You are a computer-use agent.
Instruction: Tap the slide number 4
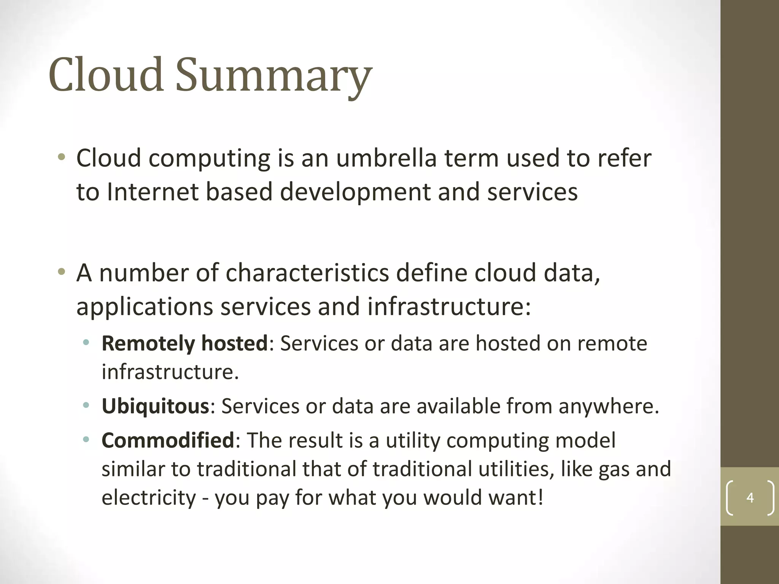tap(750, 497)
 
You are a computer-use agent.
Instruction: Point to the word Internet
tap(153, 192)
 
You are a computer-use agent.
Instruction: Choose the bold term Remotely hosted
tap(185, 343)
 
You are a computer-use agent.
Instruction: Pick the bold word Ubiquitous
tap(156, 406)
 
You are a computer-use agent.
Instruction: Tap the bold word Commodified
tap(168, 440)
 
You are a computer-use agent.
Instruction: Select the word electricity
tap(148, 497)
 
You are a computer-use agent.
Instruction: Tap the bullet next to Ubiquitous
tap(86, 406)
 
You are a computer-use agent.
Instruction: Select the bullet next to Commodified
tap(86, 440)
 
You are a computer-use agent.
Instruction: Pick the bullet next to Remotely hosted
tap(86, 343)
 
